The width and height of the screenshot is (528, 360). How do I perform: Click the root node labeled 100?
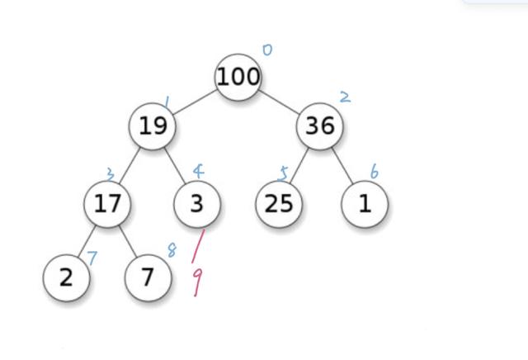pyautogui.click(x=238, y=77)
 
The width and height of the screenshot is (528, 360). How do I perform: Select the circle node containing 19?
pyautogui.click(x=153, y=126)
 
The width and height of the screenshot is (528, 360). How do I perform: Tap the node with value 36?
pyautogui.click(x=320, y=126)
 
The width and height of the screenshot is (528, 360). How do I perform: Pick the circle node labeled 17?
pyautogui.click(x=107, y=203)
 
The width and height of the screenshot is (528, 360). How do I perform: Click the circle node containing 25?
pyautogui.click(x=278, y=203)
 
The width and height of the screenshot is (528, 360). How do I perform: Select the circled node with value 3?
pyautogui.click(x=197, y=203)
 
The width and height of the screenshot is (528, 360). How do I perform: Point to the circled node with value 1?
pyautogui.click(x=365, y=203)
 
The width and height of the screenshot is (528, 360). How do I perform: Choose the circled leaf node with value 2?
pyautogui.click(x=66, y=277)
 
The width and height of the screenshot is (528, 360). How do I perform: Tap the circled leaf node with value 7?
pyautogui.click(x=148, y=277)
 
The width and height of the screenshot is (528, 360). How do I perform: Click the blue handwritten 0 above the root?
pyautogui.click(x=266, y=50)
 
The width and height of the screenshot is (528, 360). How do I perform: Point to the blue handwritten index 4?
pyautogui.click(x=198, y=172)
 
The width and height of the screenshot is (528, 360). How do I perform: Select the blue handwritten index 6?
pyautogui.click(x=374, y=172)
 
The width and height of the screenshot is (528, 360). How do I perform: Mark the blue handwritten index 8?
pyautogui.click(x=172, y=250)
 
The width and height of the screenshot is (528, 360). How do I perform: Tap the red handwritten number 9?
pyautogui.click(x=196, y=282)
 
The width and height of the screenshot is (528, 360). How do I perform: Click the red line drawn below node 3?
pyautogui.click(x=198, y=245)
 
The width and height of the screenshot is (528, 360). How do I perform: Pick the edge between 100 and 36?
pyautogui.click(x=280, y=102)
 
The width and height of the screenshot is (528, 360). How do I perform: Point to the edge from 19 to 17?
pyautogui.click(x=131, y=163)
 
